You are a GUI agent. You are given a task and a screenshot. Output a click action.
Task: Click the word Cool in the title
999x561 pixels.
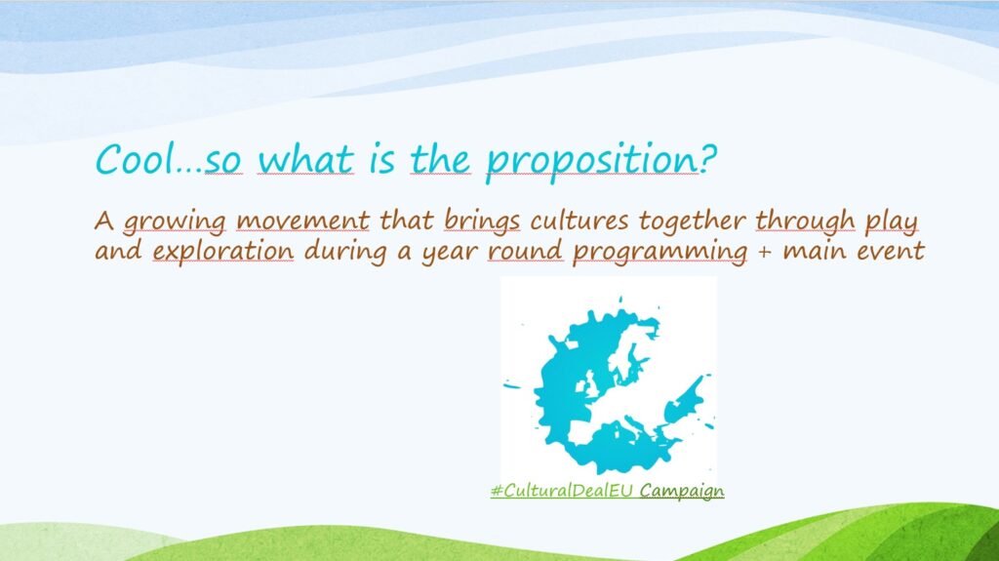[x=135, y=159]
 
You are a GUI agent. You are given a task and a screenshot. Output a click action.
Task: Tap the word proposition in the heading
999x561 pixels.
[x=592, y=162]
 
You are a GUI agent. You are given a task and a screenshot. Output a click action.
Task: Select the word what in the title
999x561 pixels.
[x=305, y=159]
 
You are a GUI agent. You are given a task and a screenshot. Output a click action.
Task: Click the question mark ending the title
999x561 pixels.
[x=708, y=159]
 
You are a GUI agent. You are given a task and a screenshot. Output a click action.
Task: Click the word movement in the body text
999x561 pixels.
[x=302, y=221]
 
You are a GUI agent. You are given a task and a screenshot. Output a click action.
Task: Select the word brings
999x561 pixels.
[x=482, y=221]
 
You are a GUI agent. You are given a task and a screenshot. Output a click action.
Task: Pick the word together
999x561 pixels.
[x=692, y=221]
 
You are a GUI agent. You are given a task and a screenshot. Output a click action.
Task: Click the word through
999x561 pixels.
[x=805, y=221]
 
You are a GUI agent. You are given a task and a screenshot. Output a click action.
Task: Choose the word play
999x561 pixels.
[x=892, y=222]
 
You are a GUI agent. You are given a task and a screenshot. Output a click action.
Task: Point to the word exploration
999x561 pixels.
[x=223, y=251]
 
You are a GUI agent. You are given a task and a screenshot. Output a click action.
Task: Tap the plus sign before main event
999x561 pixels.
[x=765, y=252]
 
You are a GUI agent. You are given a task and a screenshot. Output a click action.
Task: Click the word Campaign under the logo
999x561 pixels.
[x=682, y=492]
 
